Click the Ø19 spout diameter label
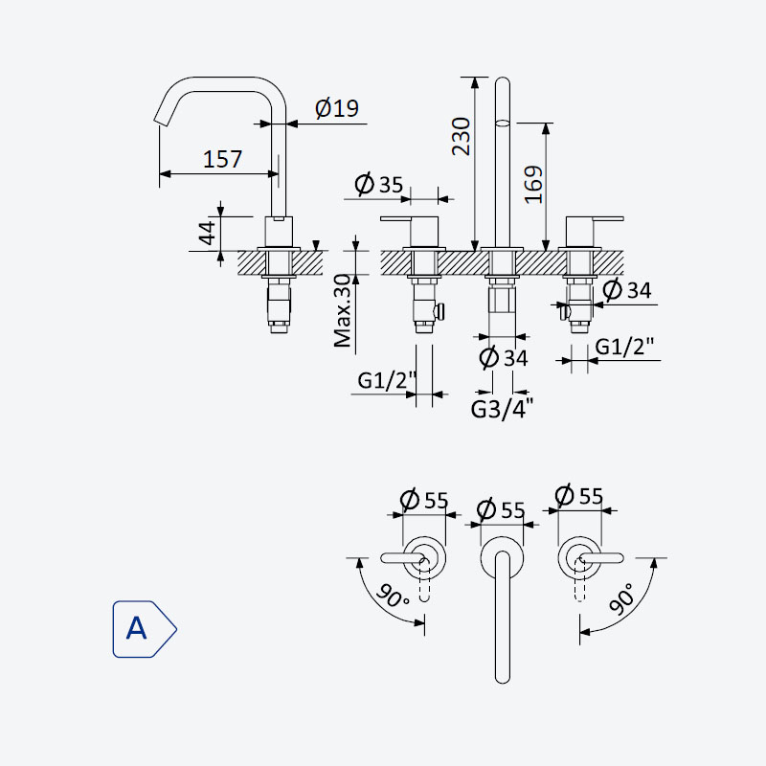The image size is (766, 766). pos(337,108)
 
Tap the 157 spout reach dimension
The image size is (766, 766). pos(222,159)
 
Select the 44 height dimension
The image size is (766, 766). pos(207,233)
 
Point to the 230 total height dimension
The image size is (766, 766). pos(461,136)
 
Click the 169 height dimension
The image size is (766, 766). pos(533,185)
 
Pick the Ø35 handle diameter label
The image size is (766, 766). pos(379,184)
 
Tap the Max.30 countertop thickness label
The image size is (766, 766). pos(343,310)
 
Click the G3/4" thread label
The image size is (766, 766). pos(502,409)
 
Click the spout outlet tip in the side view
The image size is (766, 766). pos(161,122)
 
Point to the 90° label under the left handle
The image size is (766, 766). pos(393,596)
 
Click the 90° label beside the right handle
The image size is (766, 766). pos(622,599)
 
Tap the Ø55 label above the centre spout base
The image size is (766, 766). pos(501,510)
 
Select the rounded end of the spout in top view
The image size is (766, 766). pos(502,677)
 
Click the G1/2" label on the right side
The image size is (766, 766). pos(624,347)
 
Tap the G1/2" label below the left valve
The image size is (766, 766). pos(387,380)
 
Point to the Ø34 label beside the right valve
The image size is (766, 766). pos(627,290)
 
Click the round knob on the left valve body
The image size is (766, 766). pos(440,310)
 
